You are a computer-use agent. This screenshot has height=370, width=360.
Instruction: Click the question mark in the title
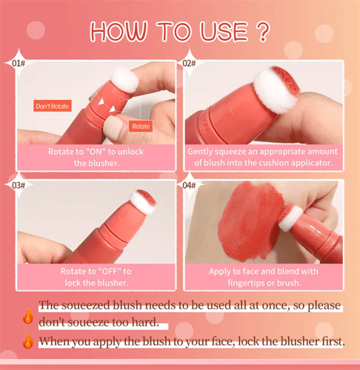tap(262, 31)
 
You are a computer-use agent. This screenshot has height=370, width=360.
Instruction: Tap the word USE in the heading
tap(224, 31)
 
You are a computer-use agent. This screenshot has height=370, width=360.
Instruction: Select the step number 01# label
tap(19, 64)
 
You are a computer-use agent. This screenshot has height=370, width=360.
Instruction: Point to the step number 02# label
tap(189, 64)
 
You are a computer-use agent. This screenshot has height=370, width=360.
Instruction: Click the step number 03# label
tap(19, 185)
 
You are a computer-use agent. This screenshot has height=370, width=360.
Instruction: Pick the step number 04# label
tap(189, 185)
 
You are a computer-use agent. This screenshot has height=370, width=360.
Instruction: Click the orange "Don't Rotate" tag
tap(53, 106)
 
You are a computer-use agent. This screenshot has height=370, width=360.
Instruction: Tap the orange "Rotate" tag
tap(141, 126)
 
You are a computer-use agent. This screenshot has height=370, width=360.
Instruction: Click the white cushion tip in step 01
tap(124, 80)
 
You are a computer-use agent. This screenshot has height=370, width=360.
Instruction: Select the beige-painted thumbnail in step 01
tap(114, 127)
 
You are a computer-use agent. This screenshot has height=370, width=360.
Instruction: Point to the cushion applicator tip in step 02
tap(277, 90)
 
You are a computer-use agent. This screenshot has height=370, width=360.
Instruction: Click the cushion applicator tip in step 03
tap(143, 201)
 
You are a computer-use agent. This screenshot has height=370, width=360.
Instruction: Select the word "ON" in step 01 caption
tap(96, 152)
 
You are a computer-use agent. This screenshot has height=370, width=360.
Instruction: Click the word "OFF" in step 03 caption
tap(108, 272)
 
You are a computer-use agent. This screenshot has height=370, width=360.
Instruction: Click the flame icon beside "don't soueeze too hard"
tap(28, 316)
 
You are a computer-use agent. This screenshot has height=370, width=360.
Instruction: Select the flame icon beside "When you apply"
tap(28, 341)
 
